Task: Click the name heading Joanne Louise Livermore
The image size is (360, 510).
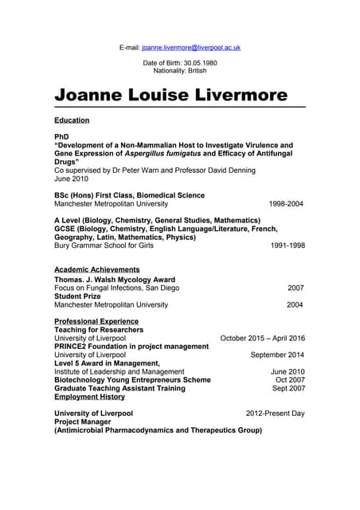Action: pos(170,96)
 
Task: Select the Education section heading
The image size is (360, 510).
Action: pos(72,120)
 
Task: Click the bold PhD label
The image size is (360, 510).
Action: pos(61,137)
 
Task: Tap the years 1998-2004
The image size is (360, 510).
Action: pos(286,204)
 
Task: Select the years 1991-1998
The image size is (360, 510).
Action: pos(288,245)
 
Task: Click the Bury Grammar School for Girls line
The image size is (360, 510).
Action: pos(104,245)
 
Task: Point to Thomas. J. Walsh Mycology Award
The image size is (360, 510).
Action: pos(115,280)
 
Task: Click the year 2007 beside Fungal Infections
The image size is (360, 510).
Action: pos(295,288)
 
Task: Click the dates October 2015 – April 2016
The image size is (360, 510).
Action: pos(262,338)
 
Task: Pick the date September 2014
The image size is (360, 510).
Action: pos(277,355)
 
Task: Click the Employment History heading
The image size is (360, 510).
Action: pos(89,396)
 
